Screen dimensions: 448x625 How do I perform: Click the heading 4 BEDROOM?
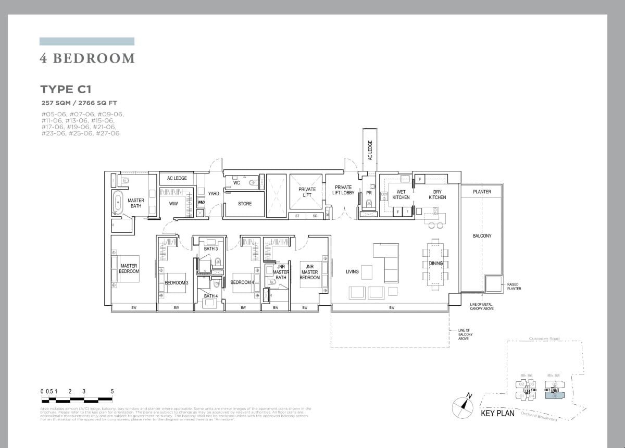[x=87, y=58]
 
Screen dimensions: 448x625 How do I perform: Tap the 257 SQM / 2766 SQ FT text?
[x=82, y=103]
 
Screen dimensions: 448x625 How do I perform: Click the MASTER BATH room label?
[x=136, y=203]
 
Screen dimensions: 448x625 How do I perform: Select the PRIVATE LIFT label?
[x=307, y=192]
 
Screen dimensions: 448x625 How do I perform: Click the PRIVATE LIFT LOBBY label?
[x=343, y=190]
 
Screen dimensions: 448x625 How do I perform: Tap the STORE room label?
[x=245, y=204]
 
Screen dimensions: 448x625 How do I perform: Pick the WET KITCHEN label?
[x=401, y=195]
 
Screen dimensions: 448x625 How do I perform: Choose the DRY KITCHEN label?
[x=437, y=195]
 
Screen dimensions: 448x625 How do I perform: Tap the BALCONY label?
[x=482, y=236]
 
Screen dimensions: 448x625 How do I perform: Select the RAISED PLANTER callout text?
[x=514, y=287]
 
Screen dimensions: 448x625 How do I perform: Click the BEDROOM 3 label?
[x=177, y=283]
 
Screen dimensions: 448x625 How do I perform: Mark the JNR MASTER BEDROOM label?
[x=309, y=272]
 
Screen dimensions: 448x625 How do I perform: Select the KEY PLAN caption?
[x=497, y=414]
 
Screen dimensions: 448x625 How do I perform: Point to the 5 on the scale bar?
[x=112, y=391]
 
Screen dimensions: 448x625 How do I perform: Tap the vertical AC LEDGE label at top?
[x=370, y=150]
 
